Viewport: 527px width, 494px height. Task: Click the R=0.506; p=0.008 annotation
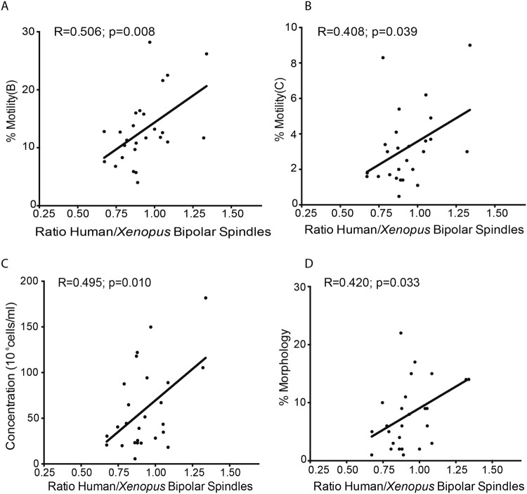[105, 31]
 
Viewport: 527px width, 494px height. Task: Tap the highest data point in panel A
[150, 42]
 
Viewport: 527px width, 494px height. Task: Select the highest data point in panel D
[401, 333]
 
